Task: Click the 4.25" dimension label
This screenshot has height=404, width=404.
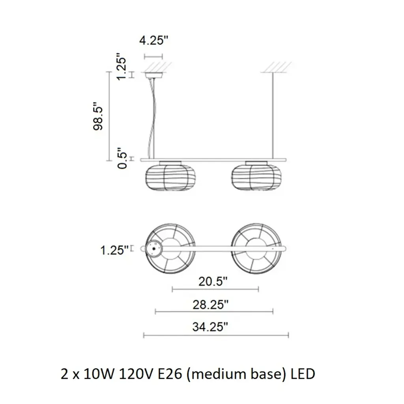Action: pos(153,40)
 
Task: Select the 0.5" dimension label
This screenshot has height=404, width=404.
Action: pos(122,158)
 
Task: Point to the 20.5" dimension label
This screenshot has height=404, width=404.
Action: pos(213,281)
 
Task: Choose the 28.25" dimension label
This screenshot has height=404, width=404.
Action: pos(211,305)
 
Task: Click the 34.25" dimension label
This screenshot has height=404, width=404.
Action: pos(210,327)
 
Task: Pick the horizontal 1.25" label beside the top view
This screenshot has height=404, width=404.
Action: pos(114,250)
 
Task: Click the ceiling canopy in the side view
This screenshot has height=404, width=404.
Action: pos(154,75)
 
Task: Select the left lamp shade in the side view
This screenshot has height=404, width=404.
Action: pos(170,178)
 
